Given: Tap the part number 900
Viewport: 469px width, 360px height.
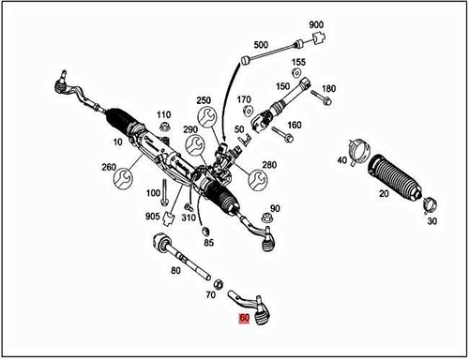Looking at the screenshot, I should coord(316,23).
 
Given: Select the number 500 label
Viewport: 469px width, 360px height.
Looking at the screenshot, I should coord(260,44).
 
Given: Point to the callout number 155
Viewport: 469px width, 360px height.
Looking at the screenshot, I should coord(298,62).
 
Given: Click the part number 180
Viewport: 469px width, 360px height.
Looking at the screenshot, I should coord(327,89).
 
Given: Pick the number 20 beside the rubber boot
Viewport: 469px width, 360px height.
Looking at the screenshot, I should coord(383,192).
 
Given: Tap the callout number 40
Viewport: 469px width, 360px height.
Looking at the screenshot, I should coord(342,160).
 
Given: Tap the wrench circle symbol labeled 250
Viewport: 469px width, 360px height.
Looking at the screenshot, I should coord(206,115).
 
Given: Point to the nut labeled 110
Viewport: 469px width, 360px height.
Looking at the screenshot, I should coord(165,127).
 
